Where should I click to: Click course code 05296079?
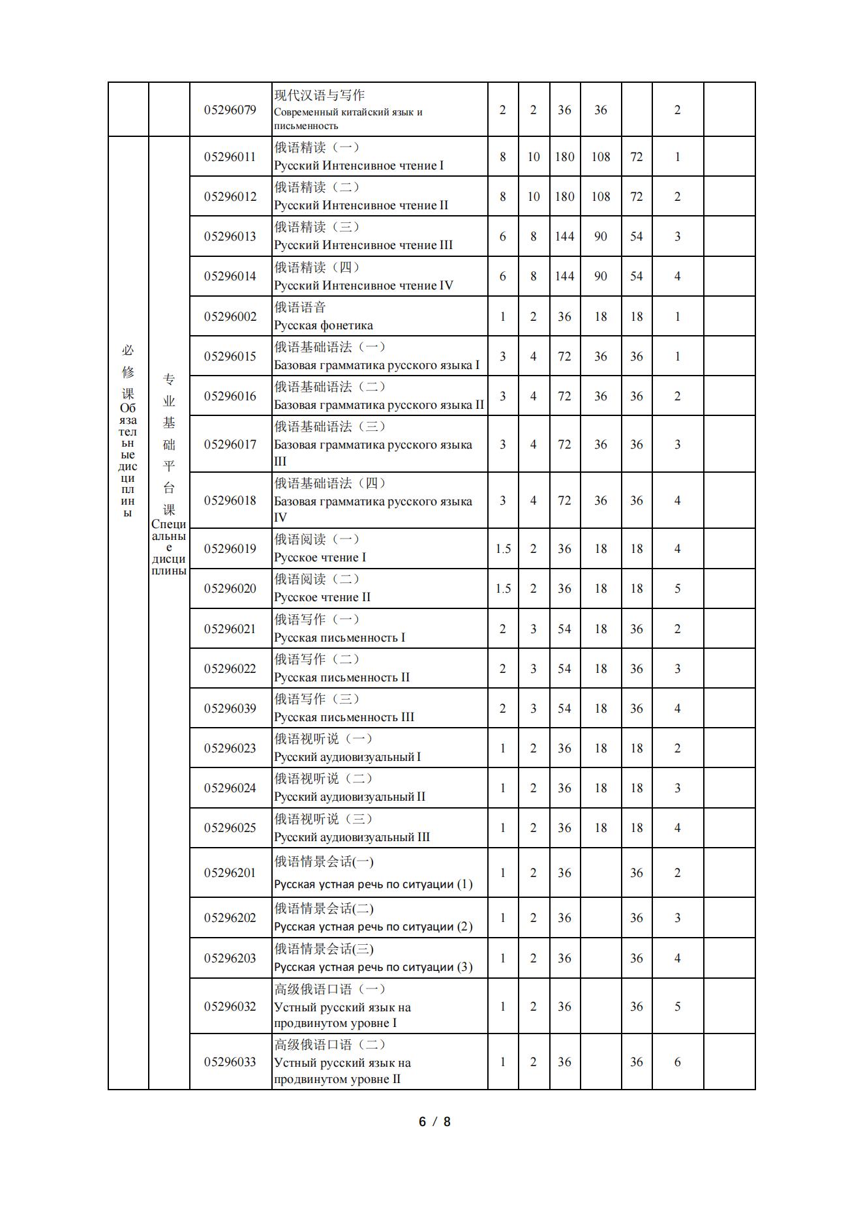(x=230, y=110)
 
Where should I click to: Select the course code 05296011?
(x=230, y=156)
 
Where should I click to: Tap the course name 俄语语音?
(x=299, y=307)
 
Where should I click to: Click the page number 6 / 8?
(x=434, y=1122)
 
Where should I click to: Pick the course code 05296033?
(x=230, y=1062)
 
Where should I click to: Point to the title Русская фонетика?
(x=324, y=325)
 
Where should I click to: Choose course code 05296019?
(x=230, y=548)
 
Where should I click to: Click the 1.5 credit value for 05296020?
(x=503, y=588)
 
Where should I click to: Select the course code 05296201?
(x=230, y=872)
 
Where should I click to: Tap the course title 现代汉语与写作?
(x=319, y=95)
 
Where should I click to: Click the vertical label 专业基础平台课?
(x=169, y=443)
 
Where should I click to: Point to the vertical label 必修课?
(x=128, y=372)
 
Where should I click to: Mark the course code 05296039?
(x=230, y=708)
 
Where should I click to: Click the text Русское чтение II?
(x=322, y=597)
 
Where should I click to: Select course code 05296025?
(x=230, y=827)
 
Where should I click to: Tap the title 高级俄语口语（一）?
(x=330, y=989)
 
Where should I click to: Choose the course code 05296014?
(x=230, y=276)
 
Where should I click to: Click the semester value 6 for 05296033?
(x=677, y=1062)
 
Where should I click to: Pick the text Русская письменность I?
(x=339, y=638)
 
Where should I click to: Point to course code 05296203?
(x=230, y=958)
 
